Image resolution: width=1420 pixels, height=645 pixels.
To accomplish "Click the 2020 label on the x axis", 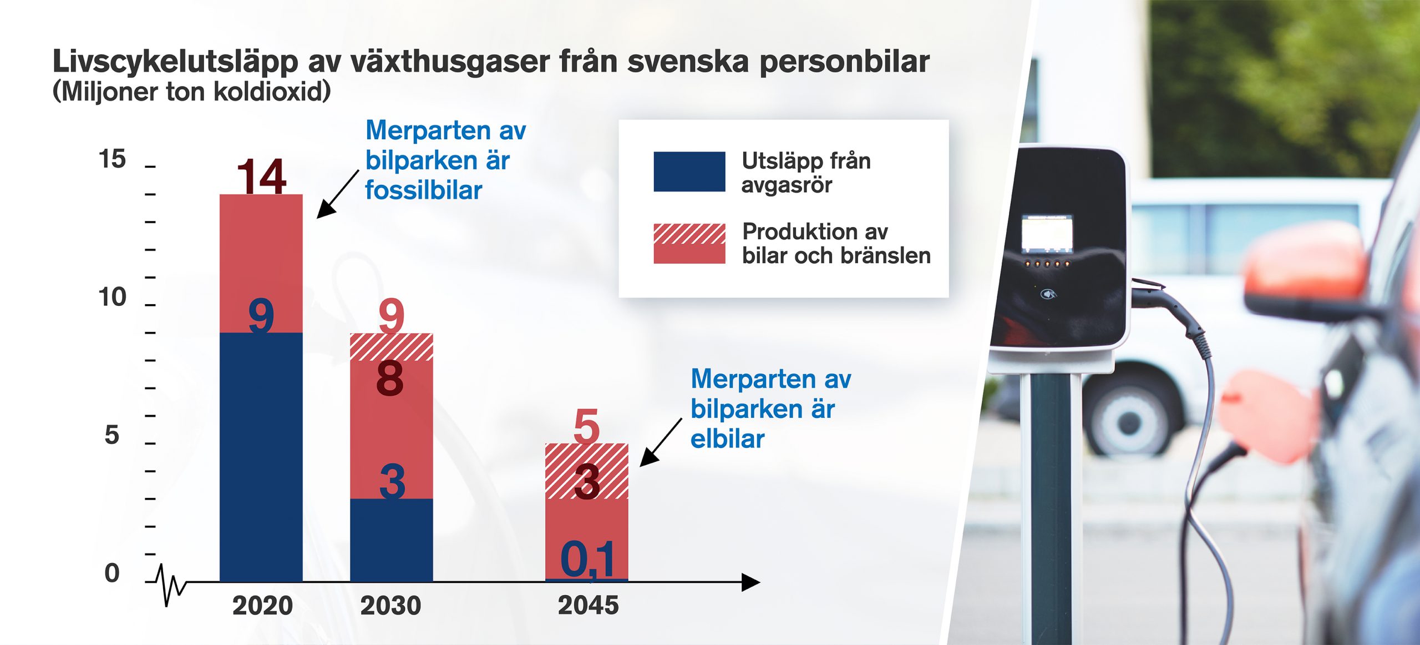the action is [x=262, y=606].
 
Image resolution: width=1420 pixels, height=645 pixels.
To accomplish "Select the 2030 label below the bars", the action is [x=390, y=606].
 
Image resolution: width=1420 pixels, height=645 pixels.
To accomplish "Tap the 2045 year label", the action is [x=588, y=606].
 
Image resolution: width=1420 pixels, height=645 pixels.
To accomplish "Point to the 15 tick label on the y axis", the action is [x=112, y=159].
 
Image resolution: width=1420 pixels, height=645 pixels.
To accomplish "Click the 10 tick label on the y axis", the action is [x=112, y=298].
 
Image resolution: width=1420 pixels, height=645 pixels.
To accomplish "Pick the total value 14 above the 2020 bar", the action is [x=261, y=177].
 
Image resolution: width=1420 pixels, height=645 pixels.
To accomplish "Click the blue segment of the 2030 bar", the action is [x=391, y=540].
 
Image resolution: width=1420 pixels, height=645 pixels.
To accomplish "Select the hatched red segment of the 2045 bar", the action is [x=587, y=471].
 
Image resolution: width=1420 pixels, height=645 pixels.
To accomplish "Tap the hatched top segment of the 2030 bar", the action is [x=391, y=347].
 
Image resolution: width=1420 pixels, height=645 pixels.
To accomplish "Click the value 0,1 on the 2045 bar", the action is [x=588, y=560].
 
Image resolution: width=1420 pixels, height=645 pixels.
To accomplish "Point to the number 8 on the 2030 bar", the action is [x=390, y=379].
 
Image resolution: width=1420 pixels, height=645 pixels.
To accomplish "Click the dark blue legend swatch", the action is [x=689, y=172].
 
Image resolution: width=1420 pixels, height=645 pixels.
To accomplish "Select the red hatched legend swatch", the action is [x=689, y=243].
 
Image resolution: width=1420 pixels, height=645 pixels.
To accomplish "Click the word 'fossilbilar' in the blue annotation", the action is [x=423, y=190].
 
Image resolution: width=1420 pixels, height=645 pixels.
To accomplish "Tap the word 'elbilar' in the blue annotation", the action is [x=727, y=439].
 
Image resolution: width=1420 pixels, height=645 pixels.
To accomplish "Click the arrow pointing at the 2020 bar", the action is [x=338, y=194].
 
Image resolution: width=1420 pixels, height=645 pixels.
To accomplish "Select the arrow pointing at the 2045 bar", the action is [x=661, y=442].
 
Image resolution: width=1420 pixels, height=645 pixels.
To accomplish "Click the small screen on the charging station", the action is [x=1047, y=233].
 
